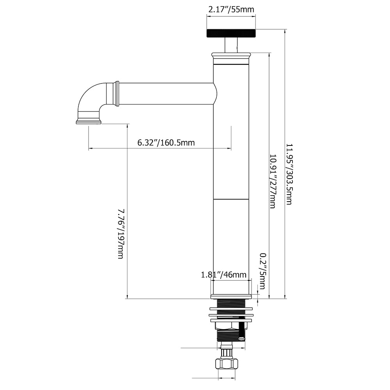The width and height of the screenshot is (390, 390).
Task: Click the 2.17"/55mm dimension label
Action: point(230,9)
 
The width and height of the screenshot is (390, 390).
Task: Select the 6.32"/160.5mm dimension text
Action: point(166,143)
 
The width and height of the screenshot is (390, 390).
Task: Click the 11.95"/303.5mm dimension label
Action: point(289,174)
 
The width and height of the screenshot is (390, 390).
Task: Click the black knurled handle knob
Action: point(231,33)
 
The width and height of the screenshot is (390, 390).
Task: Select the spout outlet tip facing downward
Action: point(89,122)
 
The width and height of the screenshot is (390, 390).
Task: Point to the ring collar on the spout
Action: point(116,94)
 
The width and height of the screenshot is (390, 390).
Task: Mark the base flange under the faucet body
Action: point(231,296)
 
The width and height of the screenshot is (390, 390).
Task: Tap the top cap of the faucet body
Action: point(231,58)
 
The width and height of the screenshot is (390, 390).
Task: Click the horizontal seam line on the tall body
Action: point(231,199)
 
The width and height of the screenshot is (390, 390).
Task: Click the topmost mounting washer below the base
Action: point(231,309)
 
